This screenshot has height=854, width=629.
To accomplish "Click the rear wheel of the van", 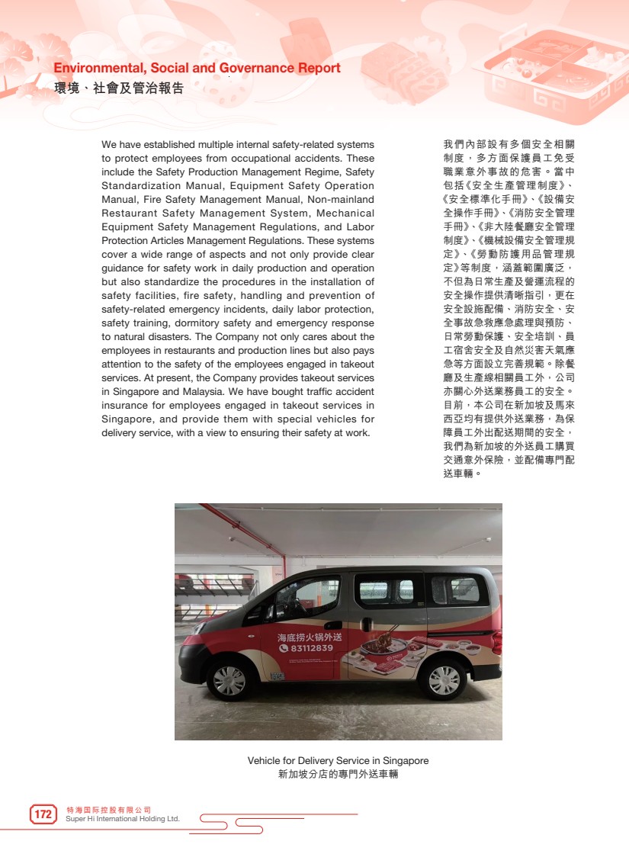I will point(444,679).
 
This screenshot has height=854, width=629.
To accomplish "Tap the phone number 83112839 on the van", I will point(312,648).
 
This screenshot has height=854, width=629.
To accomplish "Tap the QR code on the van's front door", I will point(277,675).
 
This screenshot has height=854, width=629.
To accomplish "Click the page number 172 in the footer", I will point(43,814).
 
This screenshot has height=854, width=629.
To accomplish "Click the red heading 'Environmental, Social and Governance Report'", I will point(197,69).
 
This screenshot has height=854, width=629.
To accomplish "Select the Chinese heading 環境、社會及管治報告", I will point(119,88).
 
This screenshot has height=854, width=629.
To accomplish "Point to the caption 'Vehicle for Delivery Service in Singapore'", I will point(338,760).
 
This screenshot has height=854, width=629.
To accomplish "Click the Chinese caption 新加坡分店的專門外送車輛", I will point(338,774).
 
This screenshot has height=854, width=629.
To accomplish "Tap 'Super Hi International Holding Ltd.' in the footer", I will point(123,819).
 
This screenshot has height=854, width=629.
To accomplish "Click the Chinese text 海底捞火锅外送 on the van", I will point(309,637).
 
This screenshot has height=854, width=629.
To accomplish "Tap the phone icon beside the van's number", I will point(283,648).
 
